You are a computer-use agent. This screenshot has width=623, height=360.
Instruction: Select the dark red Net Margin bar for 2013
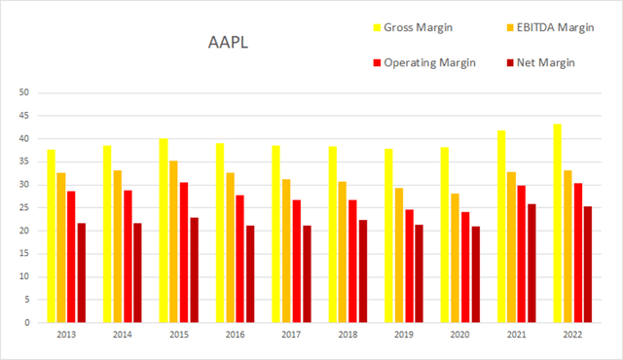pyautogui.click(x=82, y=272)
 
